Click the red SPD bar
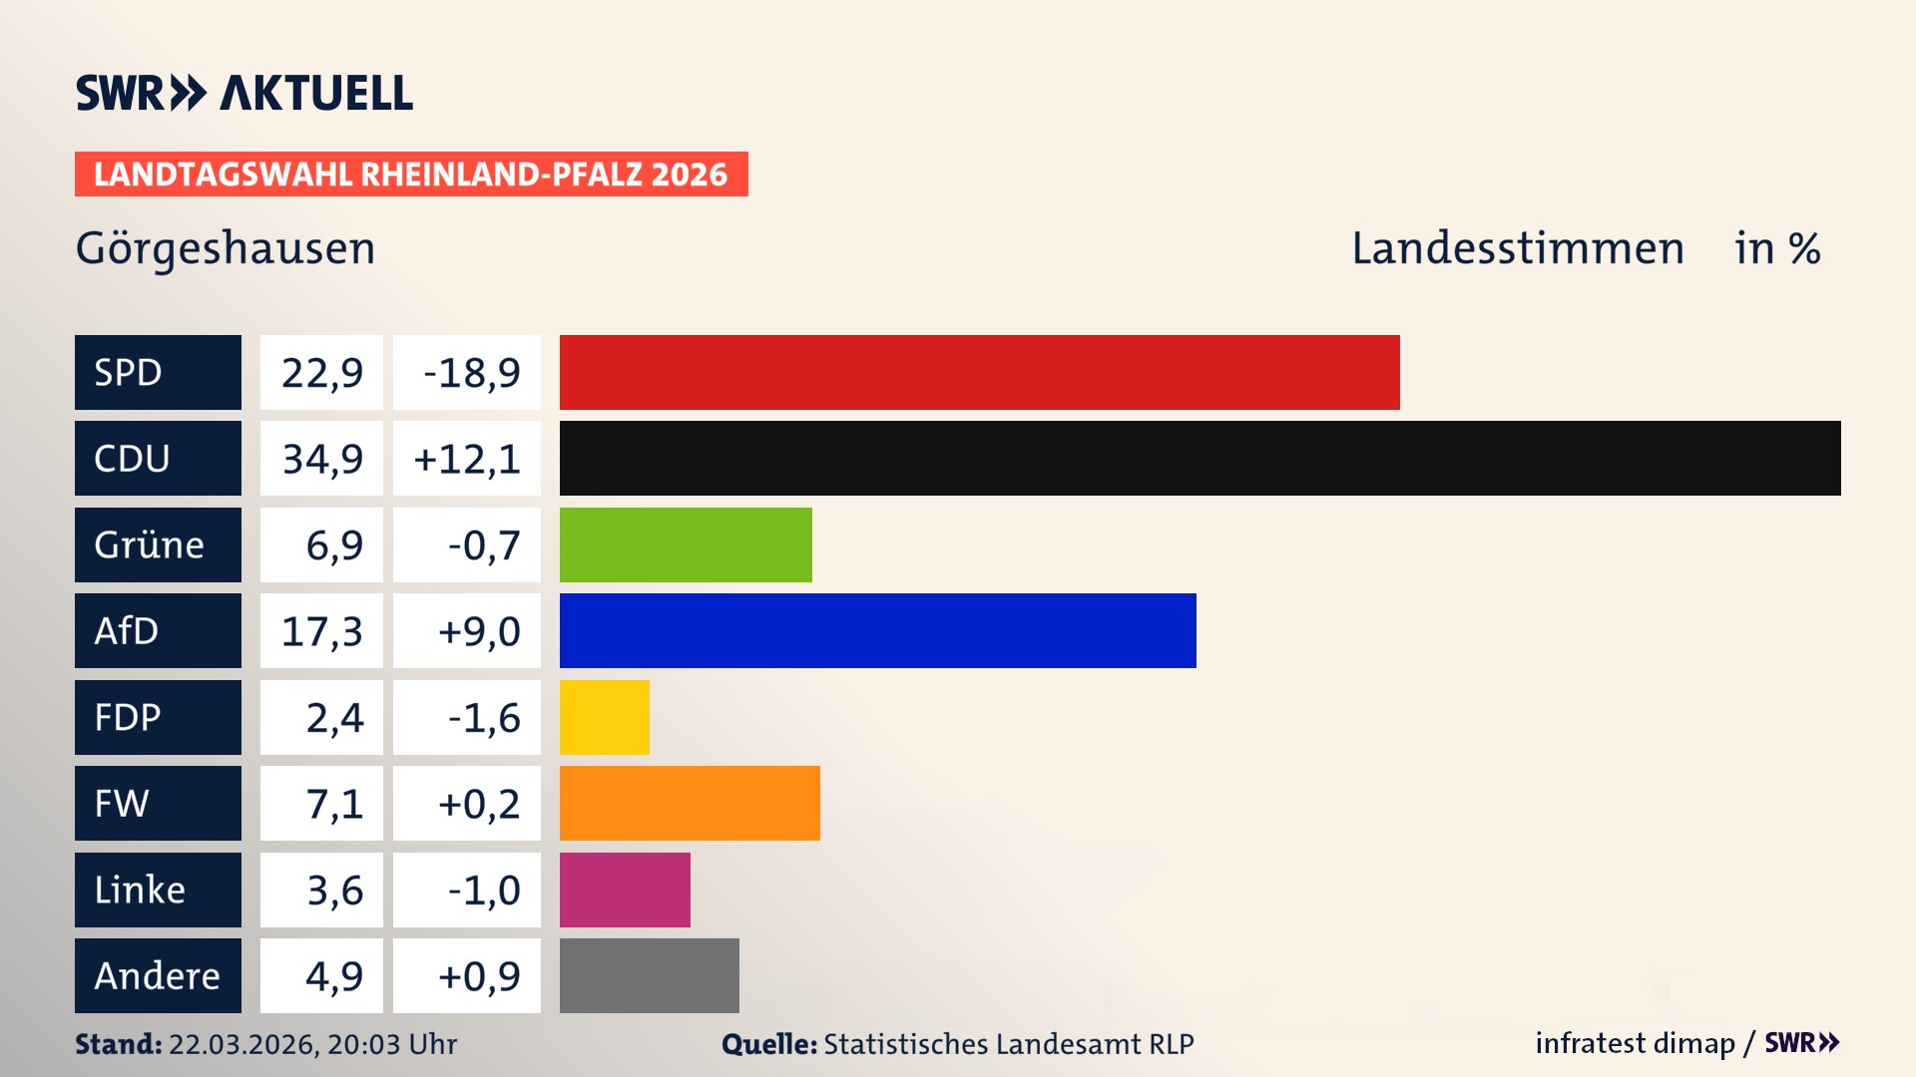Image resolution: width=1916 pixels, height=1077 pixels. pos(979,372)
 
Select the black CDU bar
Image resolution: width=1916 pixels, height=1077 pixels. pos(1199,458)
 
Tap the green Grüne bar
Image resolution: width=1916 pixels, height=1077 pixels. pos(686,544)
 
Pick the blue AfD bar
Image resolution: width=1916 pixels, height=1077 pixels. pos(877,630)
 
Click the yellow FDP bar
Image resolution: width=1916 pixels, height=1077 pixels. pos(604,717)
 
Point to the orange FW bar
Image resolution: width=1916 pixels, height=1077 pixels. pos(690,803)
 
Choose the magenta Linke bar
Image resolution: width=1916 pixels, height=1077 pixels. pos(625,890)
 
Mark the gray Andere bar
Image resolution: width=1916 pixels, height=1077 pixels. pos(649,975)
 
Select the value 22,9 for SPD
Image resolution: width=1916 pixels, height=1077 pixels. pos(321,372)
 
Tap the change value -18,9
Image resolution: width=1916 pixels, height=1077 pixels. pos(467,372)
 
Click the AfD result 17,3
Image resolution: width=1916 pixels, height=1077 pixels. pos(321,630)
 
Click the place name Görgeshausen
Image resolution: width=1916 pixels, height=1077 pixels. pos(226,248)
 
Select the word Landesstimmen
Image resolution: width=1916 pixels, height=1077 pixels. pos(1517,248)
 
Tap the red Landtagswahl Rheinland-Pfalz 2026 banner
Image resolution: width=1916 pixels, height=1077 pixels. pos(411,174)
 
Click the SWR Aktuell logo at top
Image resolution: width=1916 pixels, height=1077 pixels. pos(244,93)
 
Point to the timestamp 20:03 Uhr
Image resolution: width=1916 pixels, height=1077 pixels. pos(391,1044)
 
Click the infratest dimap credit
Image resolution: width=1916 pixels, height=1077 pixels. pos(1635,1043)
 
